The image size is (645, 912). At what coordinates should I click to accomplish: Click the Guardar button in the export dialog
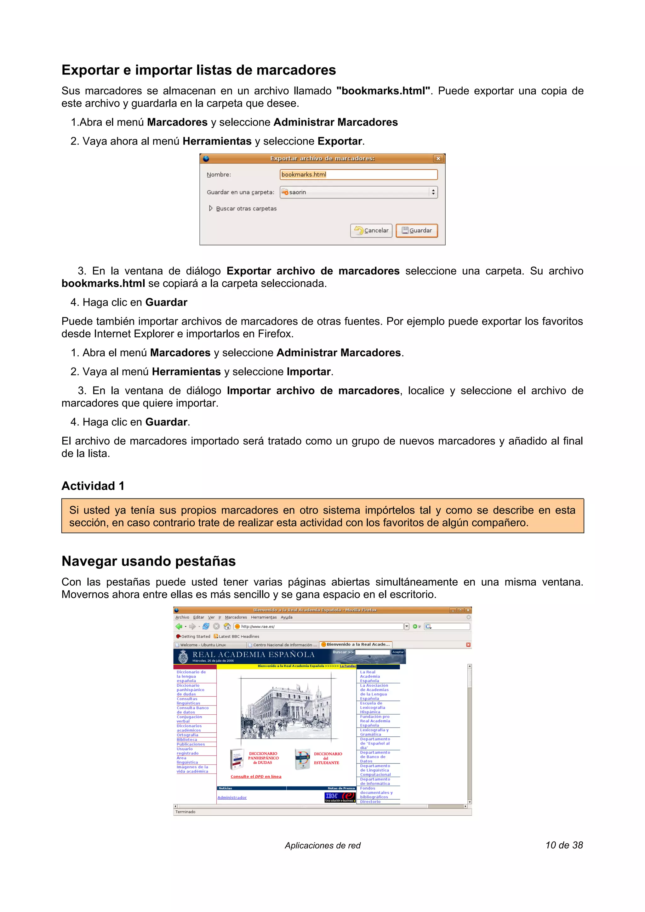416,230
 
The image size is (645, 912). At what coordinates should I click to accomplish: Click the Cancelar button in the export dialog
371,230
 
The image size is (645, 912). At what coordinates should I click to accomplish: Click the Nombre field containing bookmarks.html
358,174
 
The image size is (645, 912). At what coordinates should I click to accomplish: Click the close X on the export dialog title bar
438,159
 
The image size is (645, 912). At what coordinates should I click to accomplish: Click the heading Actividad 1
93,486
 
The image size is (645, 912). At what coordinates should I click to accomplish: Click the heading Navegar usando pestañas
149,561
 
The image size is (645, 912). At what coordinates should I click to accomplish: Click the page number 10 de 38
564,845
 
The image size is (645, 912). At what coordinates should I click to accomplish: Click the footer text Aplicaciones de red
322,845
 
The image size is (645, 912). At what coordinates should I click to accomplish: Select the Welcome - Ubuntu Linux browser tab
203,645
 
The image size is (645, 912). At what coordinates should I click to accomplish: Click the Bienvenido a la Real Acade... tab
357,644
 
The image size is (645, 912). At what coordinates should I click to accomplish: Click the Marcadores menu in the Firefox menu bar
236,617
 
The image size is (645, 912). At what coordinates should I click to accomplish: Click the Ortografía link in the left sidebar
187,735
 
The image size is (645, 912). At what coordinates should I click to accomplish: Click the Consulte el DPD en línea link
256,776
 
